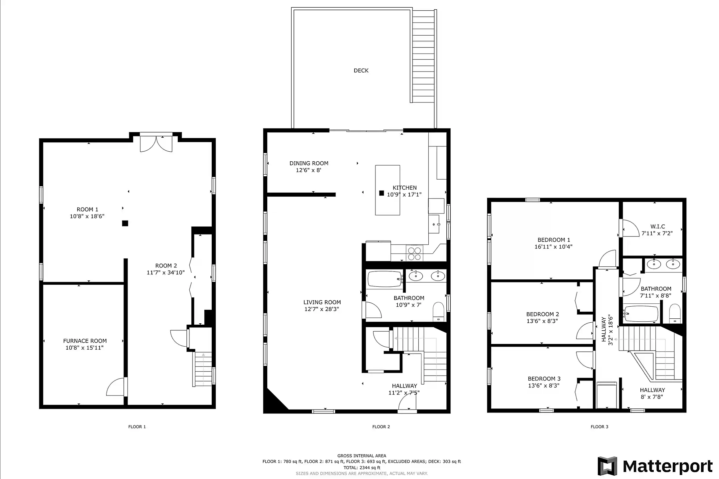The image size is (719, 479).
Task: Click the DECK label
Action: point(361,71)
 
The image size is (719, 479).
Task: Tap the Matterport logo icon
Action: point(607,466)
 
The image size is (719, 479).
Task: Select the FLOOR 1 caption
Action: point(137,427)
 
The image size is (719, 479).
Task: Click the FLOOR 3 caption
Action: point(599,427)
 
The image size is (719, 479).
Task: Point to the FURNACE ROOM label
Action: point(85,341)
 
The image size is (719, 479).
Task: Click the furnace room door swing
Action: point(115,387)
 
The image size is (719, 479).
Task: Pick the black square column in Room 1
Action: point(125,223)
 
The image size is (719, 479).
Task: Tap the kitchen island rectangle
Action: point(387,190)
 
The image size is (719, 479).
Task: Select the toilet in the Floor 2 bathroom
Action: point(439,312)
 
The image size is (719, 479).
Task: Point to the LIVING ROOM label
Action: point(322,302)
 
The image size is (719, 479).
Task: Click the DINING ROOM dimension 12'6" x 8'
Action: point(309,170)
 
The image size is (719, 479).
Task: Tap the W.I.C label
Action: point(658,227)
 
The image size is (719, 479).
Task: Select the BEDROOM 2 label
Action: point(543,314)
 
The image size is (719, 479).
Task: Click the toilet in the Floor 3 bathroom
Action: point(675,313)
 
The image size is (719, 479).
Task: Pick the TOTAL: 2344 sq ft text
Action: point(362,468)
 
